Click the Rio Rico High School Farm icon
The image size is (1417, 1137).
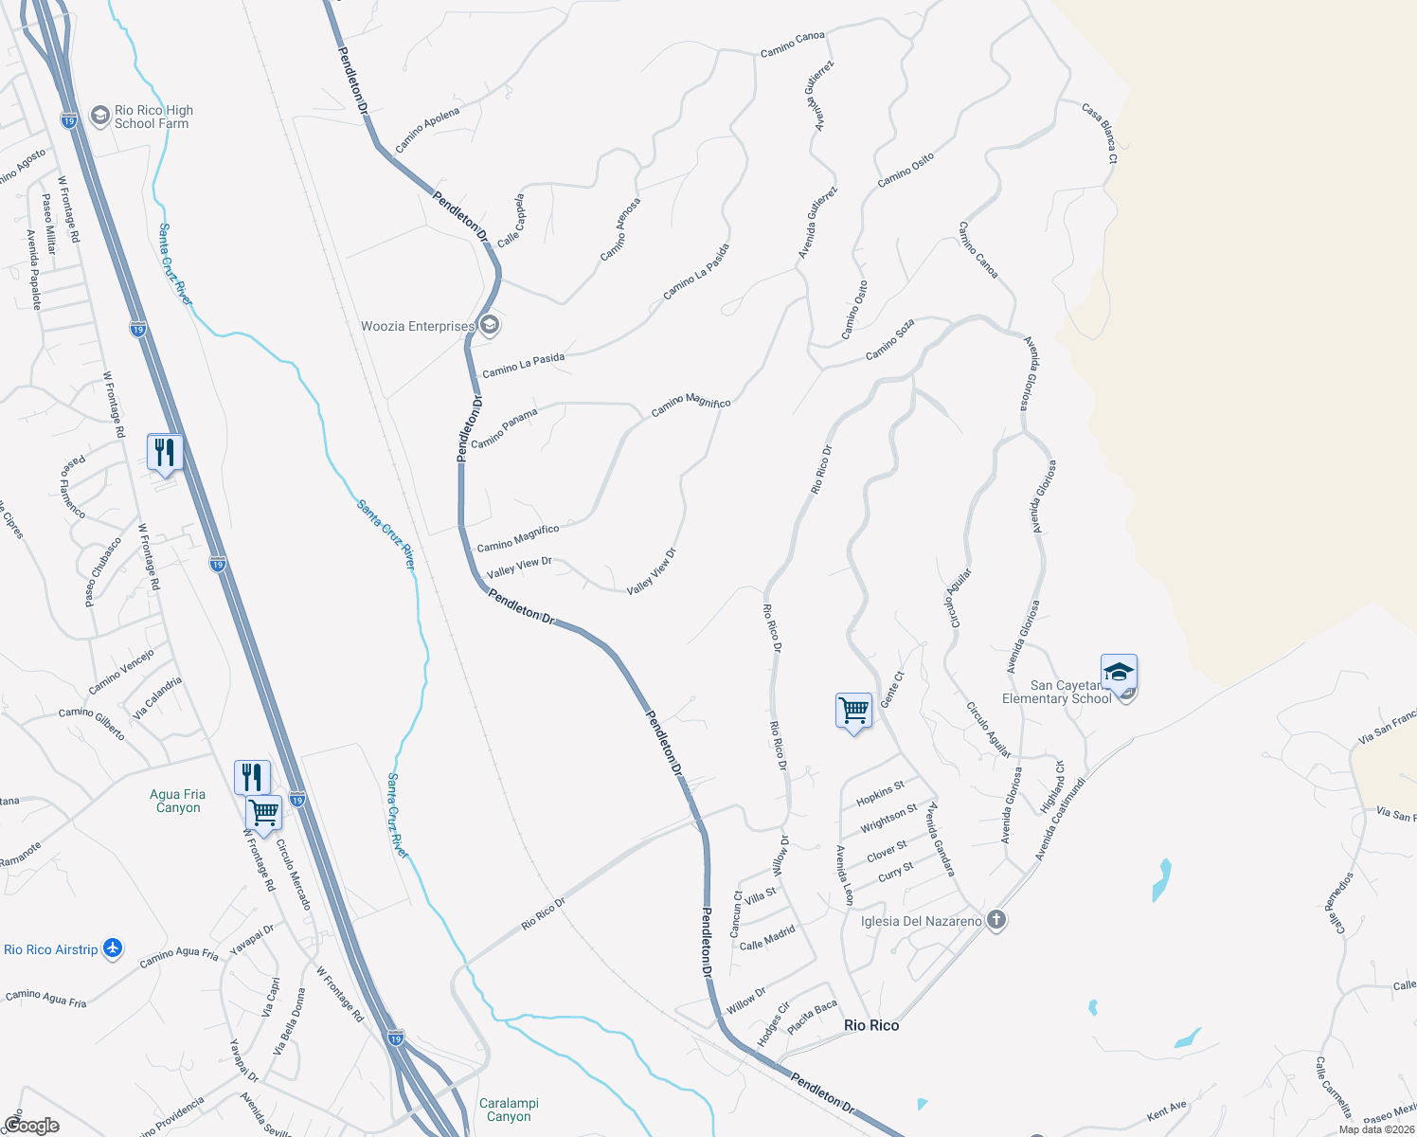(99, 116)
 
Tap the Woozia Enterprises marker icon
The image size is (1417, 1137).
(489, 326)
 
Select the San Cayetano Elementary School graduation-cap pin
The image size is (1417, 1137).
(1119, 673)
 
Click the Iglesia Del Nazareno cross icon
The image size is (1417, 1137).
(995, 920)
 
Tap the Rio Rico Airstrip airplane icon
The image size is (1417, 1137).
(113, 948)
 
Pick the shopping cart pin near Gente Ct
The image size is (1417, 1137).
(853, 710)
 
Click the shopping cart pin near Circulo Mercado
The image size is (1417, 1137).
(263, 812)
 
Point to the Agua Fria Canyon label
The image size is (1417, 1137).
(178, 802)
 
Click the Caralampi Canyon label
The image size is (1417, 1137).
(509, 1110)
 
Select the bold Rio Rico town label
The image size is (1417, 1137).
(871, 1025)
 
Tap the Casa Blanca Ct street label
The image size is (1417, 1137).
(1100, 134)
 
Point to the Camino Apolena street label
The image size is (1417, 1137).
(428, 130)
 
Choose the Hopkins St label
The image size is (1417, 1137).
(881, 793)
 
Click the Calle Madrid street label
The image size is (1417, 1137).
(767, 939)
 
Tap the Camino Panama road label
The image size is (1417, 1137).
(504, 428)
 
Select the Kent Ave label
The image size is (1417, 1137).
(1166, 1110)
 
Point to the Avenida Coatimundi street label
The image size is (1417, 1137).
(1059, 820)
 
